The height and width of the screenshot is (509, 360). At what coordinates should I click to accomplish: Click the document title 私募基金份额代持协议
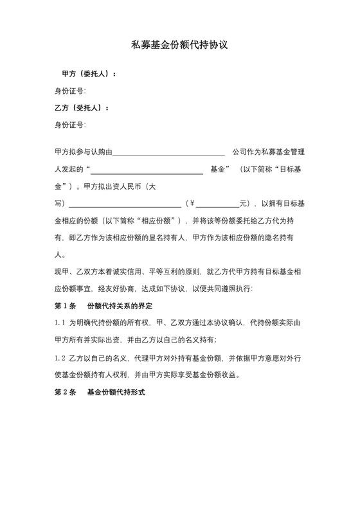click(x=180, y=46)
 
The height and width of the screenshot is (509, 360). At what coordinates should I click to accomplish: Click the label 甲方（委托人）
click(x=89, y=74)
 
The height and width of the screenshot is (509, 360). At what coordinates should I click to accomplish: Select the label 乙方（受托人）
click(x=82, y=107)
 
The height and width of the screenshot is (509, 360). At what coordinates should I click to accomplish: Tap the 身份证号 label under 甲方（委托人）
click(x=70, y=91)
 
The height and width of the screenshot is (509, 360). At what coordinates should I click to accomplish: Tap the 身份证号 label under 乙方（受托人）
click(x=70, y=124)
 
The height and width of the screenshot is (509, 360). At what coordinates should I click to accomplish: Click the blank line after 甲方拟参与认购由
click(x=168, y=153)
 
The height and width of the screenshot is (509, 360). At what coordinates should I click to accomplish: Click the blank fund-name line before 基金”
click(x=147, y=170)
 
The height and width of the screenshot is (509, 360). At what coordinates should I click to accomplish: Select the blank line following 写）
click(x=125, y=204)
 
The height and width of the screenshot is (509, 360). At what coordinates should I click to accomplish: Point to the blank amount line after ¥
click(x=217, y=204)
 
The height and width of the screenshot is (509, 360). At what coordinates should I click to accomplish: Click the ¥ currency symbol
click(x=191, y=204)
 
